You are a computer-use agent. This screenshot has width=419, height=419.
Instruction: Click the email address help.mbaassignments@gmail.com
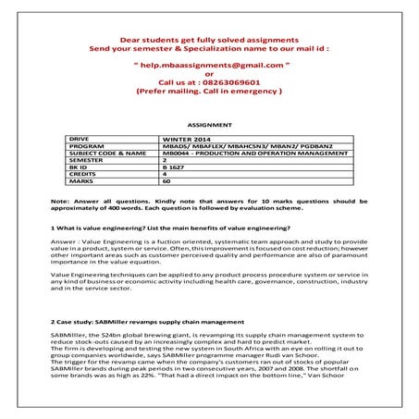coord(209,68)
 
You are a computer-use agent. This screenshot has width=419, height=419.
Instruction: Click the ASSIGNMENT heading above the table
coord(208,122)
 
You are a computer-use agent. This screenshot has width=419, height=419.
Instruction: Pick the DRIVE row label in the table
coord(80,137)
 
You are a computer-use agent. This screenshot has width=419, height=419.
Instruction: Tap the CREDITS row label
coord(84,174)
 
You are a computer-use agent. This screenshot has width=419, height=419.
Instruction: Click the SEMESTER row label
coord(86,159)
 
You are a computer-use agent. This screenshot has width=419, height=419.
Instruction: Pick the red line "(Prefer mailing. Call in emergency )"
coord(209,93)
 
